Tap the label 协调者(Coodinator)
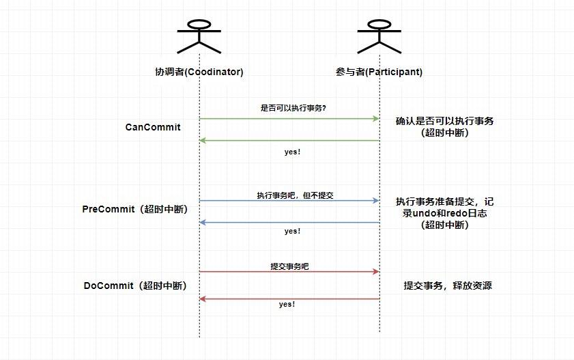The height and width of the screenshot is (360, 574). point(199,72)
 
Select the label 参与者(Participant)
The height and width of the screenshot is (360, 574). point(379,72)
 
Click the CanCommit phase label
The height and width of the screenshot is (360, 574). point(153,127)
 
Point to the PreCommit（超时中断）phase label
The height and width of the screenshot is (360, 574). point(134,208)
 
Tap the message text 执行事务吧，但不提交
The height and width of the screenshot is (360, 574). point(295,195)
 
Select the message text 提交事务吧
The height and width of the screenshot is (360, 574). point(289,266)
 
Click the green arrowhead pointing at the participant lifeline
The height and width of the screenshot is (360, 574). point(375,119)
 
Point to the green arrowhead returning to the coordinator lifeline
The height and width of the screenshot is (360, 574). point(203,141)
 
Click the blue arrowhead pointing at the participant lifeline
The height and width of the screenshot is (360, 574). point(375,201)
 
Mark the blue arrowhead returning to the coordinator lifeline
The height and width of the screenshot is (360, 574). point(203,223)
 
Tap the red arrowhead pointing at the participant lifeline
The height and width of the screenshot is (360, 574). point(375,272)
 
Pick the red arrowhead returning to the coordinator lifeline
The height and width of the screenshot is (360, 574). point(203,299)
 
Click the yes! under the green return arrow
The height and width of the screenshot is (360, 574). point(292,152)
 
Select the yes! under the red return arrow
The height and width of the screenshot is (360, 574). point(287,304)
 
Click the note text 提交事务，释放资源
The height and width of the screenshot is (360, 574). point(448,286)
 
